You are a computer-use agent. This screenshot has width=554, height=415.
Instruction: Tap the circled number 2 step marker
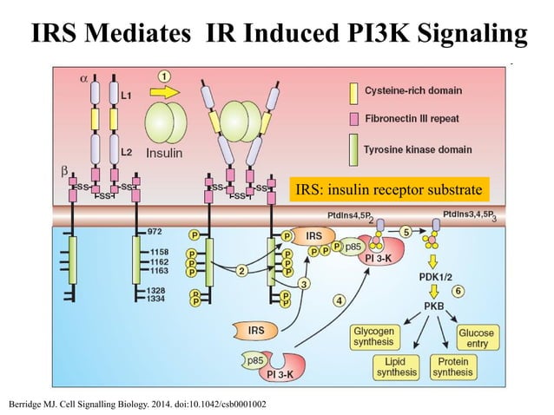point(242,271)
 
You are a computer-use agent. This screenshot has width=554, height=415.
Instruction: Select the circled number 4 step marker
point(339,300)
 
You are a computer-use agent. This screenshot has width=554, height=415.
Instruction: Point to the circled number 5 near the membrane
point(406,232)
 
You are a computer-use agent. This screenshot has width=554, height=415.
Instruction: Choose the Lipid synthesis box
point(395,367)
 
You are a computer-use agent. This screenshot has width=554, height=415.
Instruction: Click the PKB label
point(434,306)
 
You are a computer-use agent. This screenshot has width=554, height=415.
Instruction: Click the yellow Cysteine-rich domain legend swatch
point(353,90)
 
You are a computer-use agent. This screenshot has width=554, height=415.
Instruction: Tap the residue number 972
point(155,232)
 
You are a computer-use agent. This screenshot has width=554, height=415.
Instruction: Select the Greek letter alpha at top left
point(84,77)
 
